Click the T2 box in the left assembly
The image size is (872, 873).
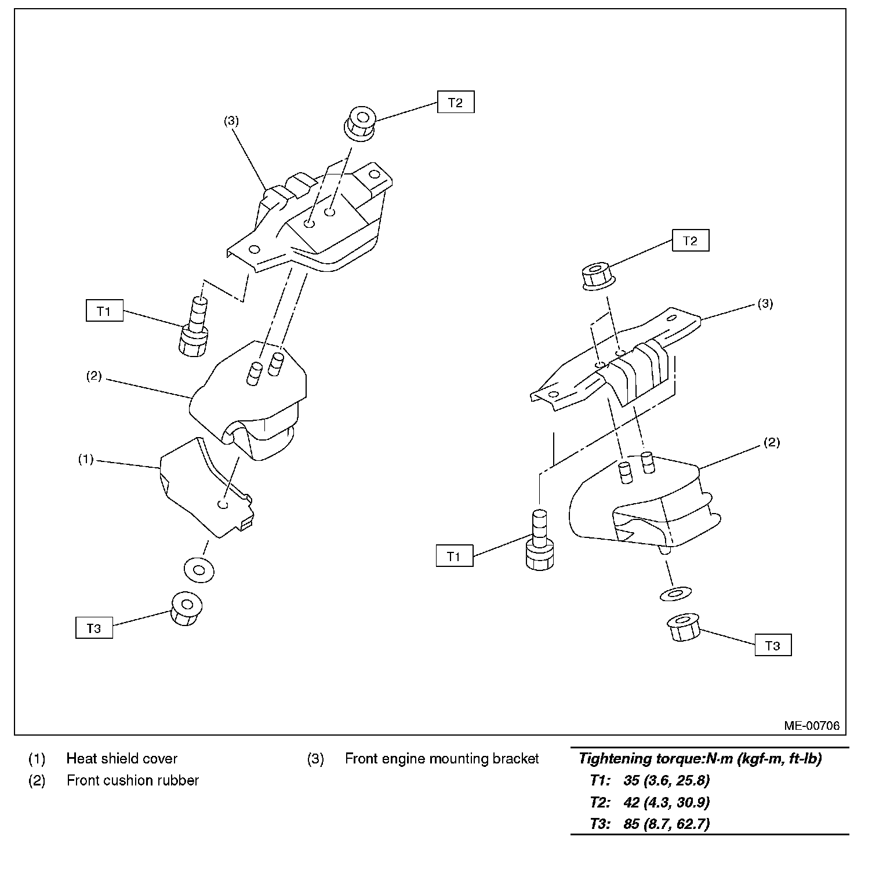tap(456, 103)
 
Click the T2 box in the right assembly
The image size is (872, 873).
tap(690, 241)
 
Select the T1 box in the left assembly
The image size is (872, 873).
tap(104, 311)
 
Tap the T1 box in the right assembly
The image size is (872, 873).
tap(454, 556)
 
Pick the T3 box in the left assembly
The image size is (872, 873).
tap(94, 628)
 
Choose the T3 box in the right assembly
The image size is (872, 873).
tap(773, 646)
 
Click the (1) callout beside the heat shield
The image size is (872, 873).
tap(86, 459)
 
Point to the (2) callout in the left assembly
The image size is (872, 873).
tap(94, 376)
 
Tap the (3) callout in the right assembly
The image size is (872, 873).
tap(765, 304)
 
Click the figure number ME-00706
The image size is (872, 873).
tap(812, 726)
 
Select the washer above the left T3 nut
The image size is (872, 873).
tap(198, 570)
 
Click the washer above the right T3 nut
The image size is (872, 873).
tap(675, 594)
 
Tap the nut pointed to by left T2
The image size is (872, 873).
tap(360, 122)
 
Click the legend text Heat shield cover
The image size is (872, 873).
tap(122, 758)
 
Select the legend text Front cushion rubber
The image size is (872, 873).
tap(133, 780)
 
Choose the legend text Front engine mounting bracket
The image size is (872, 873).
tap(442, 758)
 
